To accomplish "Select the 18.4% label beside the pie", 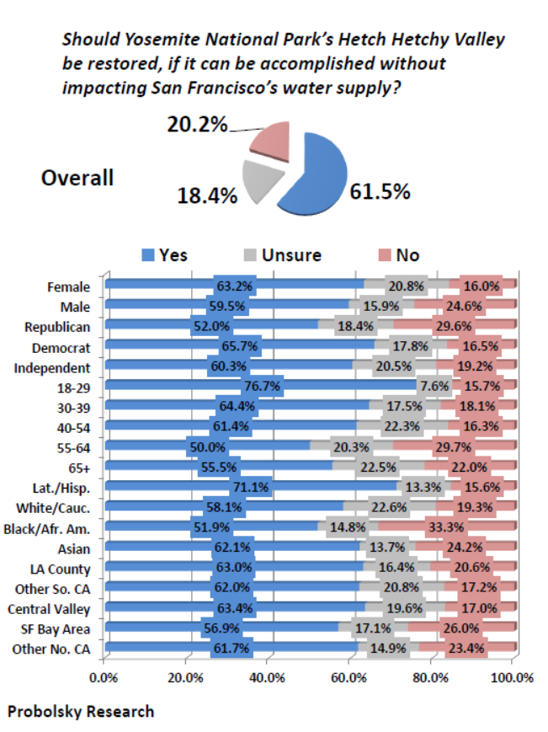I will click(206, 195).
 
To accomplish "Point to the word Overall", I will click(77, 179).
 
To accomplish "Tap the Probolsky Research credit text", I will click(81, 712).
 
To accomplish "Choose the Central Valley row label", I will click(53, 608).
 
